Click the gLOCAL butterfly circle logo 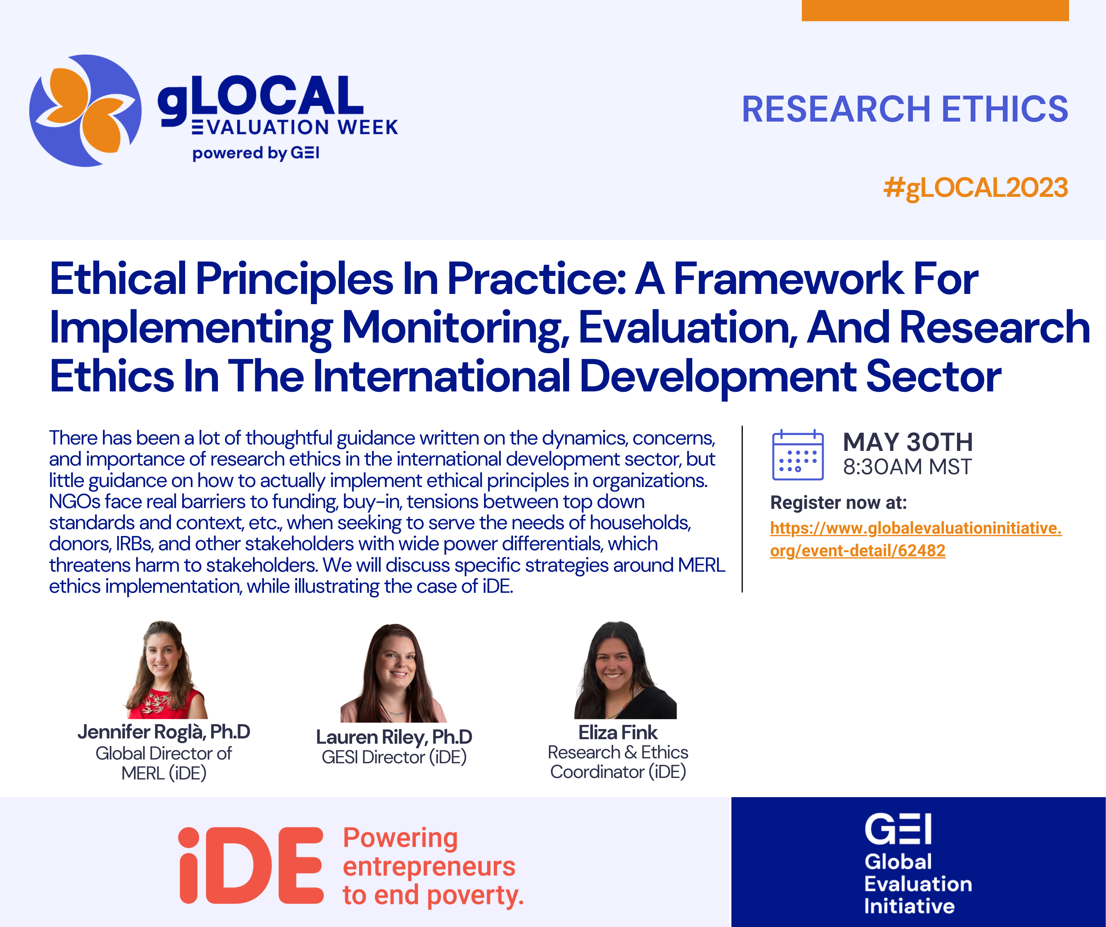coord(85,111)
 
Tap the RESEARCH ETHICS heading coord(905,109)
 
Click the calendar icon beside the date coord(798,455)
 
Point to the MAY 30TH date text coord(908,442)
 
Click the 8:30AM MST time coord(907,467)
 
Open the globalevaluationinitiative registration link coord(916,539)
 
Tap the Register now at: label coord(838,502)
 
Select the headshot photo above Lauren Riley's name coord(393,673)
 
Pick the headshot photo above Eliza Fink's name coord(625,670)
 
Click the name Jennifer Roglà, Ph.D coord(164,732)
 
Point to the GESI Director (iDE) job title coord(394,757)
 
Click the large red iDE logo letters coord(251,865)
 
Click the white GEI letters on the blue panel coord(898,829)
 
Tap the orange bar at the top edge coord(935,11)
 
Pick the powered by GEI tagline coord(256,153)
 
